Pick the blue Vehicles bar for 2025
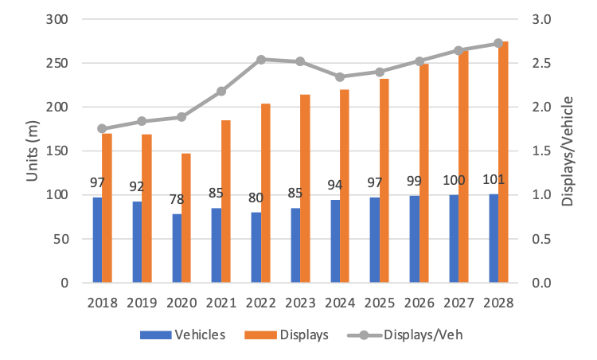coord(374,240)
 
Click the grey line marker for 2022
coord(261,59)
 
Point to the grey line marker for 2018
coord(102,128)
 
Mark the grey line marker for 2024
coord(340,77)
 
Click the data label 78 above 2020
coord(176,201)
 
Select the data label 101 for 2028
coord(494,179)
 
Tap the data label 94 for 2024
coord(335,186)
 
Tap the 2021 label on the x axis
coord(220,303)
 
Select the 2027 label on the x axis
coord(458,303)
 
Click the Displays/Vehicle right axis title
coord(568,151)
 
